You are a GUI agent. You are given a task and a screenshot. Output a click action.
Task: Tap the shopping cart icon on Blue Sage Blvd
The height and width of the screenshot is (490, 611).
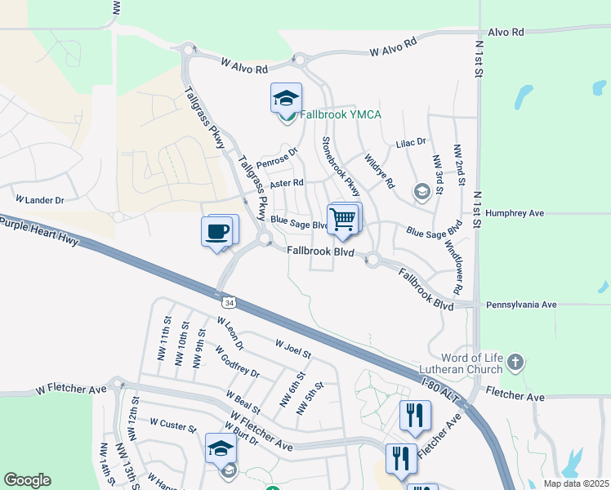(x=343, y=219)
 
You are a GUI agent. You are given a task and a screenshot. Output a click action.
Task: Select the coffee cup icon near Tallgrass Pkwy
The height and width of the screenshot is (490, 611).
(x=217, y=231)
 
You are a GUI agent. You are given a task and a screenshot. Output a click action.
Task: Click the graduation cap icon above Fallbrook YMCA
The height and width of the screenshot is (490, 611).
(x=285, y=98)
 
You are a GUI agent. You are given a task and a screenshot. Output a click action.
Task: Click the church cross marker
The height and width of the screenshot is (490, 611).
(x=515, y=361)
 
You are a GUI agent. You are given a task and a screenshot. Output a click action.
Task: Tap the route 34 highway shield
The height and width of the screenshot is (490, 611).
(x=230, y=303)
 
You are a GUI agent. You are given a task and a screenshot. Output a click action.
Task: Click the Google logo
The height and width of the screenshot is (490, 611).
(x=27, y=480)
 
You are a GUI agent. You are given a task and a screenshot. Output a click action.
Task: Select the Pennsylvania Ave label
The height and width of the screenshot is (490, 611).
(x=520, y=305)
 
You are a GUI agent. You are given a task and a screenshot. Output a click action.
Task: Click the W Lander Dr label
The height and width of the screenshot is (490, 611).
(x=39, y=199)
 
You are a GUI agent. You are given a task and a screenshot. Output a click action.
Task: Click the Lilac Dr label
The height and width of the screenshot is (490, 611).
(x=411, y=142)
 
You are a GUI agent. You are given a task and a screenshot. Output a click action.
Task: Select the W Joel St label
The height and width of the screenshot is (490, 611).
(x=293, y=349)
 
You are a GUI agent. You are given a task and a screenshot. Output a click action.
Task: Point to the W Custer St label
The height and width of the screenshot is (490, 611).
(x=173, y=426)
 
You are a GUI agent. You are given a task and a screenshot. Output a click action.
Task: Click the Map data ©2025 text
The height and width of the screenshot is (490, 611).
(x=577, y=483)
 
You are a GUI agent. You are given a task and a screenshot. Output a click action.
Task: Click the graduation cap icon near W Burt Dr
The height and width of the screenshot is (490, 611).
(x=221, y=448)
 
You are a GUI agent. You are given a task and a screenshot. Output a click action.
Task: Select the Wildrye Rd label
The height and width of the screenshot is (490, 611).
(x=380, y=171)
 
